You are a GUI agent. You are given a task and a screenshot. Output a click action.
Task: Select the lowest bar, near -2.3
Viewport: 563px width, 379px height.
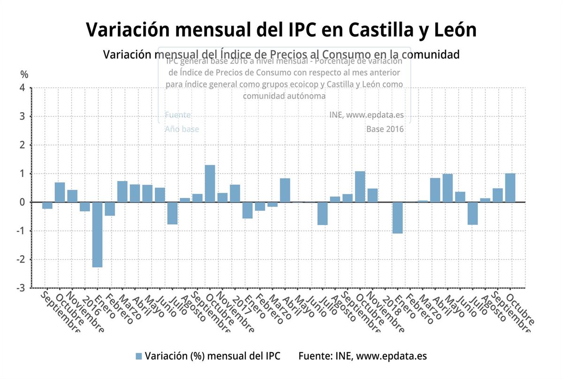coord(97,235)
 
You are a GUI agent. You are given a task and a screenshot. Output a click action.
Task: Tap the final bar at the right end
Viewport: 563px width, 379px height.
coord(510,188)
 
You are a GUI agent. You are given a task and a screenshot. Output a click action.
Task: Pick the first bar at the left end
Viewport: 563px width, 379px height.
coord(47,205)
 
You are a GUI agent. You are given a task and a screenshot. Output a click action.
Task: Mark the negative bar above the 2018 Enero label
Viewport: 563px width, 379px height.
coord(397,218)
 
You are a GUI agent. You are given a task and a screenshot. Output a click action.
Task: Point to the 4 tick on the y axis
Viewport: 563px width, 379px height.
coord(22,88)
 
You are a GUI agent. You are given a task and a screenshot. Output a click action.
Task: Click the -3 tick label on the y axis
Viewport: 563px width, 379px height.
coord(21,288)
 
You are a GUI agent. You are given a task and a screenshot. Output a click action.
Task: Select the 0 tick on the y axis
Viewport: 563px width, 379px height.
coord(22,202)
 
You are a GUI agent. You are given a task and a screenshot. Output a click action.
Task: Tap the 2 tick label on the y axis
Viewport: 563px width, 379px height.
coord(22,145)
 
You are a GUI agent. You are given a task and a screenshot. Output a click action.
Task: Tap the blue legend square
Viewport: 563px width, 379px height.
coord(138,356)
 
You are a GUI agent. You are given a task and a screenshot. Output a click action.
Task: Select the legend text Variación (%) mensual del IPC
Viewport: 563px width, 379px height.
coord(213,356)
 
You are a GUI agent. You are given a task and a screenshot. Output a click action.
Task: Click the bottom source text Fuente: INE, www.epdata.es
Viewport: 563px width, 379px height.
coord(362,356)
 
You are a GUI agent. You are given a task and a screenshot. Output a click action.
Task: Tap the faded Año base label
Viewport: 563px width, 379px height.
coord(182,129)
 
